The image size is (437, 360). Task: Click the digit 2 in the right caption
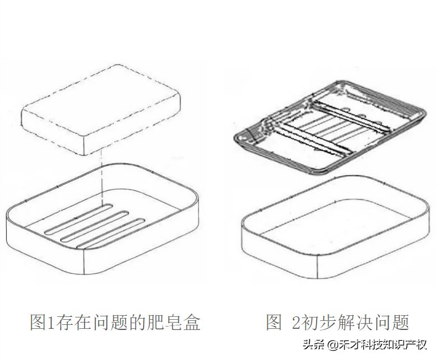point(295,322)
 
